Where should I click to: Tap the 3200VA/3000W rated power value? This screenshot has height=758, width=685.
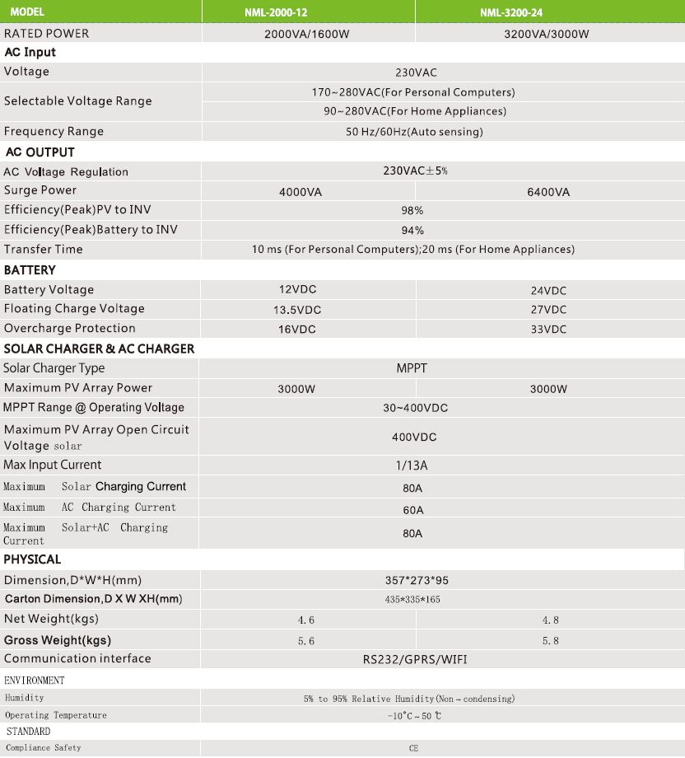click(x=547, y=35)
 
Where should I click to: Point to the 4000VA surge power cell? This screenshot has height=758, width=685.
click(x=301, y=192)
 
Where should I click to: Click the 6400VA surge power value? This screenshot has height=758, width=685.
click(x=548, y=192)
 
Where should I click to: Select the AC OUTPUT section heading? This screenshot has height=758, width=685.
click(x=40, y=152)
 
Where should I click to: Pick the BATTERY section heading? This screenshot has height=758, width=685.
click(x=30, y=270)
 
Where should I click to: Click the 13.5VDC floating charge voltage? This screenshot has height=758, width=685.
click(x=297, y=310)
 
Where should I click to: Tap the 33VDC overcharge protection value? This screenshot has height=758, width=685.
click(x=548, y=329)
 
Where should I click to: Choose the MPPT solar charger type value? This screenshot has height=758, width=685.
click(x=412, y=368)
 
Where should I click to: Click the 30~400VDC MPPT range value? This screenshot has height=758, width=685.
click(x=415, y=408)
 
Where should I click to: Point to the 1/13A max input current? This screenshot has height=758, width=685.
click(x=412, y=466)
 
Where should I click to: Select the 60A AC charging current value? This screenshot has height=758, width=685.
click(x=412, y=510)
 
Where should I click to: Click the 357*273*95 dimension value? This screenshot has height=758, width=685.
click(x=412, y=581)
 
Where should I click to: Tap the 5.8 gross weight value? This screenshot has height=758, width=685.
click(x=550, y=641)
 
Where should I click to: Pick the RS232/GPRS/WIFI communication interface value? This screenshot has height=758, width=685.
click(x=415, y=659)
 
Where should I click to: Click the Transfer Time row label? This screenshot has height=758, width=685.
click(x=44, y=249)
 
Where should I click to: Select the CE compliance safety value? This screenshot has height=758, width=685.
click(x=413, y=749)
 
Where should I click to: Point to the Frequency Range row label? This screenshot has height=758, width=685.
click(x=54, y=132)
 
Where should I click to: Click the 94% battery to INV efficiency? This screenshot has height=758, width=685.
click(x=412, y=231)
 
